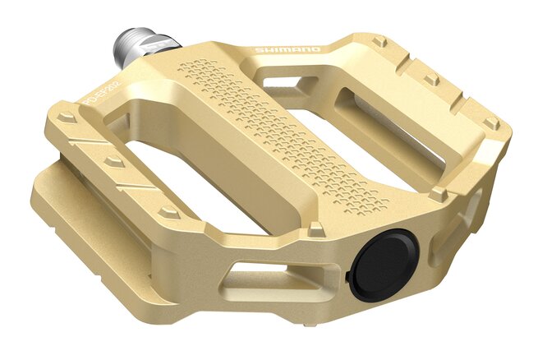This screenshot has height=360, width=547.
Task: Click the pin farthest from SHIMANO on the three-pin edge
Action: (x=492, y=122)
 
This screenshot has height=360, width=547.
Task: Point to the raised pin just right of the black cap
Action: (x=439, y=193)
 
